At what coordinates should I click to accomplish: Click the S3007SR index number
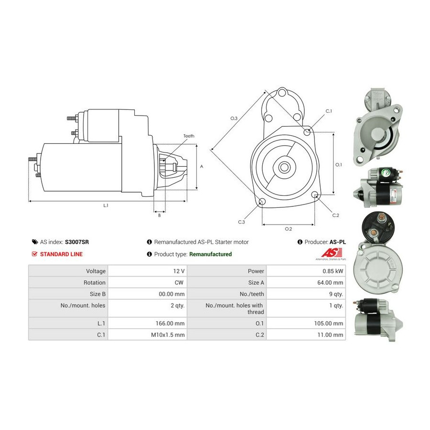[77, 242]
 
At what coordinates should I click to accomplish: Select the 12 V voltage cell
[179, 271]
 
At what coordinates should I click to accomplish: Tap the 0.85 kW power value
[333, 271]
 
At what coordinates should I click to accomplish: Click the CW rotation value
[180, 283]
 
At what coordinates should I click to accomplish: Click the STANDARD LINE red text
[61, 254]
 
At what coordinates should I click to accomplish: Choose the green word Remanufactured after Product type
[210, 254]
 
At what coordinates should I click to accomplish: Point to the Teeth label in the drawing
[189, 136]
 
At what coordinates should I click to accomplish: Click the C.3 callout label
[242, 222]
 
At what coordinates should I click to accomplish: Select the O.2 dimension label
[288, 229]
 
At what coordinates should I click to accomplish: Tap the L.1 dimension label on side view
[106, 205]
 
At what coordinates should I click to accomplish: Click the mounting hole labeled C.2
[315, 195]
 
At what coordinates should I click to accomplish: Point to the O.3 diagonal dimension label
[234, 118]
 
